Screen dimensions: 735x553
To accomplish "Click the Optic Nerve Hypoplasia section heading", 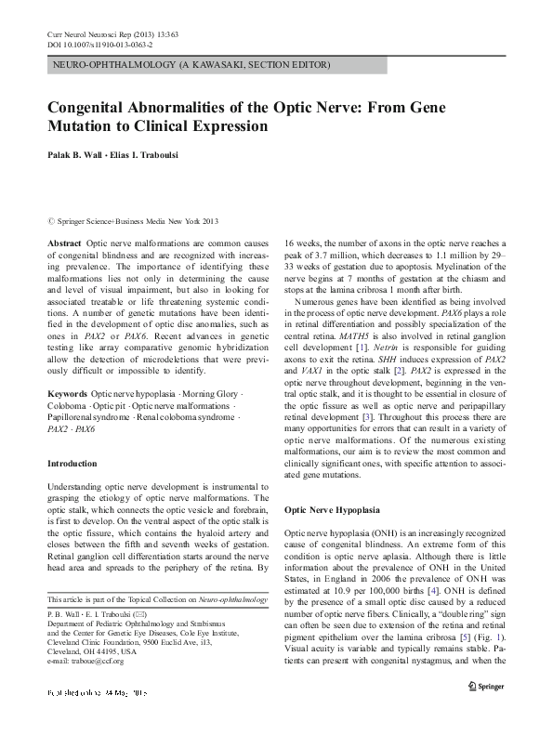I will tap(332, 510).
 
